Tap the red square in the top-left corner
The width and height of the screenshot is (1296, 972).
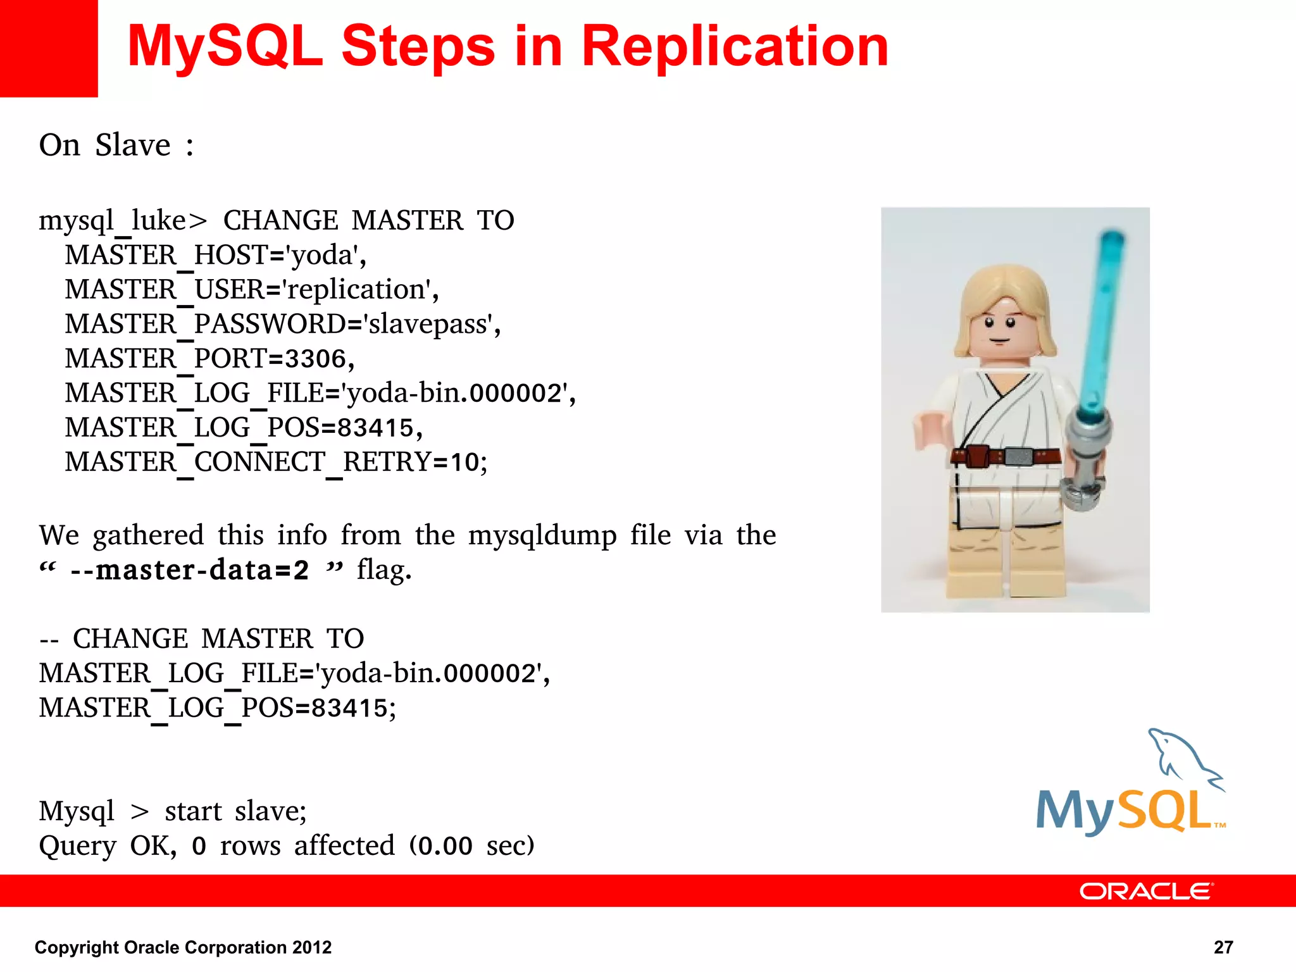[48, 48]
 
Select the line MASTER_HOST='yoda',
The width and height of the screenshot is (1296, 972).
[215, 255]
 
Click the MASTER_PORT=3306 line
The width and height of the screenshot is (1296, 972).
[209, 359]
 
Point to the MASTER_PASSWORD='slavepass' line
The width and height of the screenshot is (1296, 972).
[282, 324]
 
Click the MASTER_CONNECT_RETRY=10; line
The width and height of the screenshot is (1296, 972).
[276, 463]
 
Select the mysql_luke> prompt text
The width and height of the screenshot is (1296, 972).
[122, 221]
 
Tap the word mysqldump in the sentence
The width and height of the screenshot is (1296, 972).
[542, 536]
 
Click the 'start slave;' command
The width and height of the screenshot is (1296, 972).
[235, 811]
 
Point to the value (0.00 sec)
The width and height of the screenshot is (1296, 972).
[471, 846]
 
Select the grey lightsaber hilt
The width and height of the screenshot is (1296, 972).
[1085, 456]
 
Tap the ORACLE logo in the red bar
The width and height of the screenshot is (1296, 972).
[1146, 891]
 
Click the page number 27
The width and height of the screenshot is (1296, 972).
[1223, 947]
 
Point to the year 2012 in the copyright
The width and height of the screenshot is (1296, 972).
[311, 947]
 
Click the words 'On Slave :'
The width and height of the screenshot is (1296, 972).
[116, 146]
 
